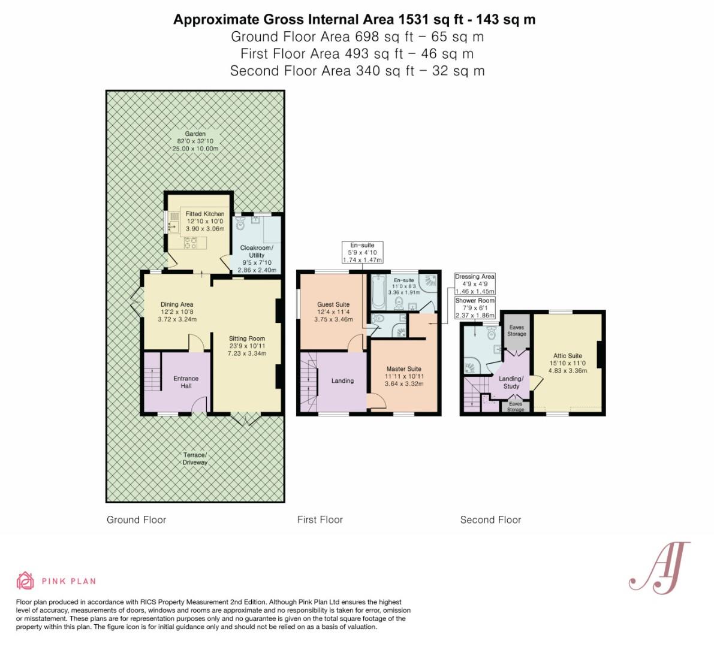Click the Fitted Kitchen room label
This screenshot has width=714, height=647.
pyautogui.click(x=205, y=221)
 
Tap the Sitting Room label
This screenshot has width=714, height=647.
pyautogui.click(x=247, y=346)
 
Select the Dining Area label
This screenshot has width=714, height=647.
pyautogui.click(x=177, y=312)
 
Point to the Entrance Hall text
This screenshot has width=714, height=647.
pyautogui.click(x=186, y=382)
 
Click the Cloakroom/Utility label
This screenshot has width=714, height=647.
pyautogui.click(x=257, y=258)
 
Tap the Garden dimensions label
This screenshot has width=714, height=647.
pyautogui.click(x=195, y=141)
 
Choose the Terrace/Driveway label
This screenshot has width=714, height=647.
pyautogui.click(x=195, y=459)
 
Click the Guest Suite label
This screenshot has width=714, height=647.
pyautogui.click(x=333, y=312)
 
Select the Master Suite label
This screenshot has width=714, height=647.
pyautogui.click(x=404, y=376)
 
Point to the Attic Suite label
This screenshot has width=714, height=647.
pyautogui.click(x=568, y=363)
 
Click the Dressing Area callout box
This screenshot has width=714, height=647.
pyautogui.click(x=474, y=284)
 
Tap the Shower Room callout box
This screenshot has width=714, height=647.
pyautogui.click(x=474, y=307)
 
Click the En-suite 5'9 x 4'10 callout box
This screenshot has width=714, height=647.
pyautogui.click(x=363, y=252)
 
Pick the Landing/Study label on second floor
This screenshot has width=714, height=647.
pyautogui.click(x=511, y=382)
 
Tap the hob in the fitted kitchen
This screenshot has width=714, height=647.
pyautogui.click(x=190, y=243)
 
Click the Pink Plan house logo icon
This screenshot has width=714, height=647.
pyautogui.click(x=26, y=581)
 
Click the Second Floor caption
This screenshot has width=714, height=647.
pyautogui.click(x=490, y=519)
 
